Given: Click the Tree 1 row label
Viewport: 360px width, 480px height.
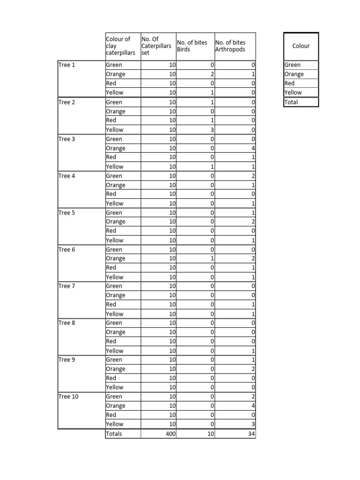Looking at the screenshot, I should click(x=67, y=65).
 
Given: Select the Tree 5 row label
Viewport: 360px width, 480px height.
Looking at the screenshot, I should click(x=67, y=212).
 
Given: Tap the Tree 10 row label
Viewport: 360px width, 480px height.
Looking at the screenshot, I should click(x=68, y=397).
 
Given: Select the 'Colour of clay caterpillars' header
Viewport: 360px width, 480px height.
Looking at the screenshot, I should click(x=120, y=46).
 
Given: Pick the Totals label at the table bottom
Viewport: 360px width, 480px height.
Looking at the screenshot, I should click(x=114, y=434).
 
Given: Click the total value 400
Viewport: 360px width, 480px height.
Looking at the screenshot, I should click(x=170, y=434).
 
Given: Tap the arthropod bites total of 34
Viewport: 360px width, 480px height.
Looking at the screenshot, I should click(x=251, y=434).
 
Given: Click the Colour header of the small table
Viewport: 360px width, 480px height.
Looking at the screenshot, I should click(x=301, y=46).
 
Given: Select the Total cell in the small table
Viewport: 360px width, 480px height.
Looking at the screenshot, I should click(x=291, y=102).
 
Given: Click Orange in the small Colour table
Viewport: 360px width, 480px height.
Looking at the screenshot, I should click(x=294, y=74).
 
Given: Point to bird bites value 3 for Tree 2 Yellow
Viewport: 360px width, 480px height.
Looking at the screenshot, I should click(x=212, y=129).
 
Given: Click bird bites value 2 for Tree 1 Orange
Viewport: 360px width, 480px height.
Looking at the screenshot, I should click(x=212, y=74).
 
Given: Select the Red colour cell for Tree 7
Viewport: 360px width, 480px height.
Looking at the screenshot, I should click(x=111, y=304).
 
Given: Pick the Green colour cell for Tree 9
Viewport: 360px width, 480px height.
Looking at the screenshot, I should click(x=114, y=360).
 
